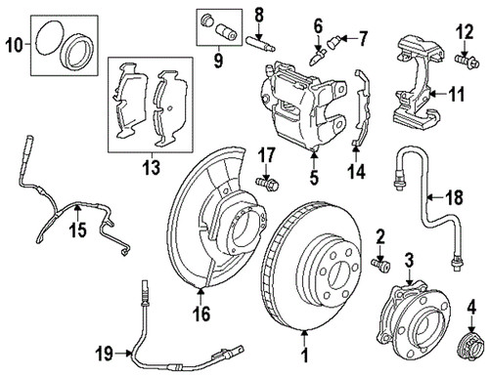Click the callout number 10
[x=15, y=45]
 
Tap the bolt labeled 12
[x=467, y=62]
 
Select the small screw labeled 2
[x=380, y=264]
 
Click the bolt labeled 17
[x=267, y=184]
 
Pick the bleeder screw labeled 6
[x=317, y=56]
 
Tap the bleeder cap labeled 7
[x=333, y=42]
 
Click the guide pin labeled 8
[x=261, y=44]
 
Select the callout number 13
[x=152, y=167]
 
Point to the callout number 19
[x=105, y=354]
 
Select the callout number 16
[x=201, y=313]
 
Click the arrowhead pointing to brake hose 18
[x=430, y=197]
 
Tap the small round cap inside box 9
[x=206, y=20]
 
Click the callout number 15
[x=78, y=230]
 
